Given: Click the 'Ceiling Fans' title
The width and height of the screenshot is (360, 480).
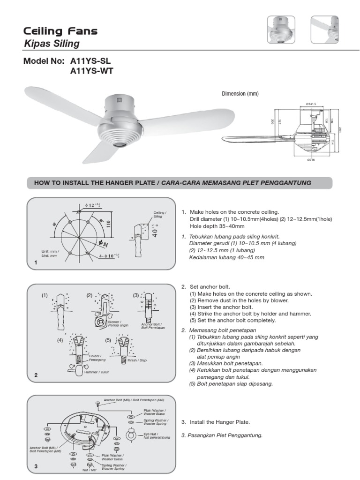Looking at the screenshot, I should tap(61, 31).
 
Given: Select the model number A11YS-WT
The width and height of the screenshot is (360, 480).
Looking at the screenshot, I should tap(91, 71).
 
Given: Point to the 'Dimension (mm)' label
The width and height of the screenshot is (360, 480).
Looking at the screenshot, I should tap(240, 94).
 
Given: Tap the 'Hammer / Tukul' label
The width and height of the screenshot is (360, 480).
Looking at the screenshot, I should tap(94, 372).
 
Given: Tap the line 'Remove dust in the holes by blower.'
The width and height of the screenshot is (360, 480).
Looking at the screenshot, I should tap(239, 300).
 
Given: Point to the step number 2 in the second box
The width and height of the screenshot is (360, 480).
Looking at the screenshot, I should tap(36, 375).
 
